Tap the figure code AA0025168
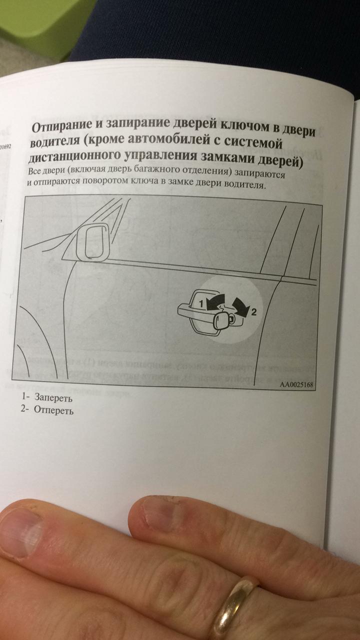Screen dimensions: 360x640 [296, 384]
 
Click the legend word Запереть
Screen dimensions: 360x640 [53, 397]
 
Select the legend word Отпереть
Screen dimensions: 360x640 [53, 410]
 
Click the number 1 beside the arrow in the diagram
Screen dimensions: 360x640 [201, 303]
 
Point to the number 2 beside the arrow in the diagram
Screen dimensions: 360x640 [253, 312]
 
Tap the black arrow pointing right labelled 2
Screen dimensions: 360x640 [240, 306]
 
